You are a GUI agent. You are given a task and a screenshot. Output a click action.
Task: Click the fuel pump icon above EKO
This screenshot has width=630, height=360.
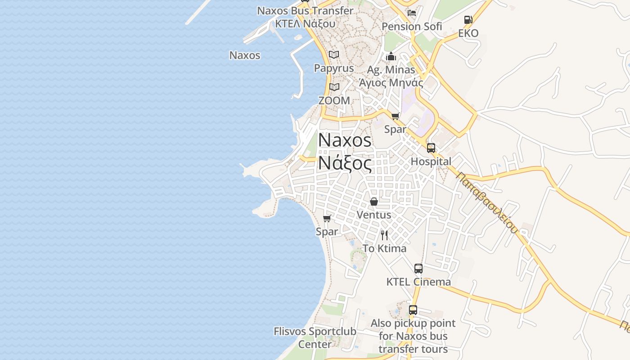(x=468, y=20)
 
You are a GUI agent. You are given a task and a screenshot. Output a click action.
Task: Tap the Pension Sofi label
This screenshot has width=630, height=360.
(x=412, y=27)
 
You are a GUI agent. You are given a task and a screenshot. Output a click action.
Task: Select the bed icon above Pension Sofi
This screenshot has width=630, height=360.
(x=411, y=13)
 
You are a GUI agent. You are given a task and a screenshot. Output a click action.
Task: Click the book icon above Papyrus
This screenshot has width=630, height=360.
(x=333, y=54)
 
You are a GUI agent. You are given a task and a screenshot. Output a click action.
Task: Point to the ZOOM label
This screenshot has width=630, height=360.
(x=334, y=101)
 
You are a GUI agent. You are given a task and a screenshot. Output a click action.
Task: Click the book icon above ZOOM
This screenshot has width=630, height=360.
(x=334, y=87)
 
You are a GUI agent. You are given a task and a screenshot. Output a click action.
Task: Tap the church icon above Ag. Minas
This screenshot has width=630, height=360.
(x=391, y=56)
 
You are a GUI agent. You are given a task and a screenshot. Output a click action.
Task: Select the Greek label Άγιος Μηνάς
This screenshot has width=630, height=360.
(x=391, y=83)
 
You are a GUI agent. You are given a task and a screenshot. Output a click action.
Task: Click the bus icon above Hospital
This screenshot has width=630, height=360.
(x=431, y=148)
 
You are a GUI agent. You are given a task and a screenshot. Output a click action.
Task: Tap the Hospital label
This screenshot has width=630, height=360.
(x=431, y=162)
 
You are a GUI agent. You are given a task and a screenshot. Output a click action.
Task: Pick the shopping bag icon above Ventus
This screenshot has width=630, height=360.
(x=373, y=202)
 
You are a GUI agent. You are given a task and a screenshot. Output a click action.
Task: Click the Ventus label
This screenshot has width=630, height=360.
(x=373, y=215)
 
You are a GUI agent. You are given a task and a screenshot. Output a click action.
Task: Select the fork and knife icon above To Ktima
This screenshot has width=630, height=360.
(x=384, y=235)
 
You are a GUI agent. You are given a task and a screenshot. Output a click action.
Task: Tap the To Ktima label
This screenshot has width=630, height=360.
(x=384, y=248)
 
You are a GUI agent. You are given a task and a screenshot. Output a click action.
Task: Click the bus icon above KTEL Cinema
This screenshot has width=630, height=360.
(x=418, y=269)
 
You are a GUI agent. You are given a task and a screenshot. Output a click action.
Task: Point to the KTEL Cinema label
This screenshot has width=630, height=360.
(x=418, y=282)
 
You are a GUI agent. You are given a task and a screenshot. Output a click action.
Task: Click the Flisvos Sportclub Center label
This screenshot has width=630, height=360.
(x=315, y=338)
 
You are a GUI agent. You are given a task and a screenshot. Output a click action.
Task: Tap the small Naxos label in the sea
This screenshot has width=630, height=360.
(x=245, y=55)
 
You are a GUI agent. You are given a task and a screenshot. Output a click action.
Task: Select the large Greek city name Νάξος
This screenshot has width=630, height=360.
(x=345, y=163)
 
